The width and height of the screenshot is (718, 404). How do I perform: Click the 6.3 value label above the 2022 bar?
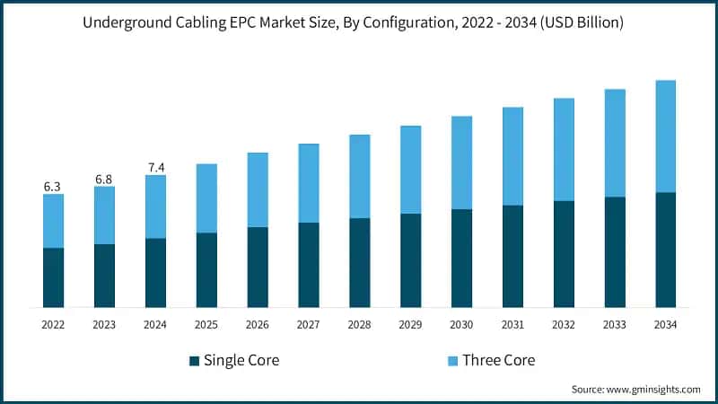click(x=53, y=187)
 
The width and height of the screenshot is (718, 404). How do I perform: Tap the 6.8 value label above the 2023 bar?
click(x=104, y=180)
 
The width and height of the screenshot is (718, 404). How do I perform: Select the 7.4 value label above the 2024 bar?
click(x=155, y=168)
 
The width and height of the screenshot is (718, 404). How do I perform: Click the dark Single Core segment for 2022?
click(x=53, y=277)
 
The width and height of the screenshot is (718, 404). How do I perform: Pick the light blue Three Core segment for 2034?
click(x=665, y=136)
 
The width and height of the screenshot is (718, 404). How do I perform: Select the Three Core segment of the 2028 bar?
click(x=359, y=176)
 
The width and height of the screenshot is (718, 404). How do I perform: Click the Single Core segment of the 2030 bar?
click(x=461, y=259)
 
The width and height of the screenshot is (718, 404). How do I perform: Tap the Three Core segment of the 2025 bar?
click(x=206, y=198)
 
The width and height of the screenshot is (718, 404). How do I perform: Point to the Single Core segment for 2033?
click(x=615, y=252)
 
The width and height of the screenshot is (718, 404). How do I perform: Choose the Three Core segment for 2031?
click(x=512, y=156)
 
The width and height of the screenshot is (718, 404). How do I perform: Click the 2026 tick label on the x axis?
click(x=258, y=324)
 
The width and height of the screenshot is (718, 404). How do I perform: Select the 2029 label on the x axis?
click(x=410, y=324)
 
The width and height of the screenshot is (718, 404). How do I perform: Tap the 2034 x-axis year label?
click(x=665, y=324)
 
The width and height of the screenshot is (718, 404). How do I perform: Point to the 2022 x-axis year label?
click(x=53, y=324)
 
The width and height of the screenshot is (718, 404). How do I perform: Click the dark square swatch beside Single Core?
click(x=194, y=361)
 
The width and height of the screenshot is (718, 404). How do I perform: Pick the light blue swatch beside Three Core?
click(x=452, y=361)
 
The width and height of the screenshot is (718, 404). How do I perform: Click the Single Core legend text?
click(x=241, y=361)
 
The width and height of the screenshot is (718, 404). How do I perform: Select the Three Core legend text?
click(x=498, y=361)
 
